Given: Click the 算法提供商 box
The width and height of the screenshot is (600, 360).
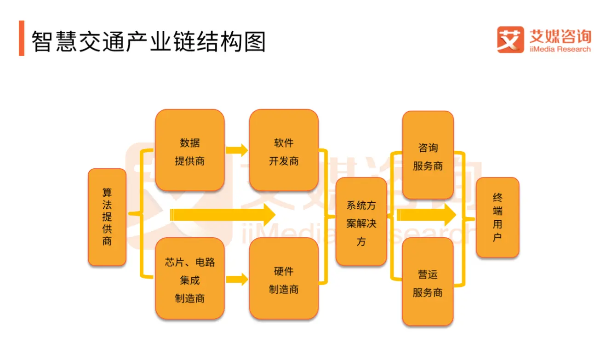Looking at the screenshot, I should (107, 217).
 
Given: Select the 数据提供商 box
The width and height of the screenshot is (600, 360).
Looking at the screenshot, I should (190, 150).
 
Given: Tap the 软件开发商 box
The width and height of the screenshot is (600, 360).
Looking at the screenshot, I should (284, 150).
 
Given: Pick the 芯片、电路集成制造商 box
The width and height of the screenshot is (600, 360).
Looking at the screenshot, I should (190, 279).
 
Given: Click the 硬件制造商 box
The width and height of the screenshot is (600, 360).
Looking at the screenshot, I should (284, 279).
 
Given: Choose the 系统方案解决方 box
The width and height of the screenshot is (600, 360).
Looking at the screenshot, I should (361, 222).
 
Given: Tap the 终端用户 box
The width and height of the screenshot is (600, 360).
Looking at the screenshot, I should (497, 217).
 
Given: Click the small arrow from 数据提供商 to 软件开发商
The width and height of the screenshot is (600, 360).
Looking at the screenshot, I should (237, 150).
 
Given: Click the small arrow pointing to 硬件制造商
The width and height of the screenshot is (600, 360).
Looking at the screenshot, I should (237, 279).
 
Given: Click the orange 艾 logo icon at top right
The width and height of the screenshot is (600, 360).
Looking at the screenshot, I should (510, 39).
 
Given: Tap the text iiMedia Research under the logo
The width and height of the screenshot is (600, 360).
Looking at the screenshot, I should (560, 49).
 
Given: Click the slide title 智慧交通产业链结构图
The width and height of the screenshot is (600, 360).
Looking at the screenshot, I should (149, 41).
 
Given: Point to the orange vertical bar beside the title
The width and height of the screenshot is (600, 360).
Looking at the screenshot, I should (22, 38).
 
